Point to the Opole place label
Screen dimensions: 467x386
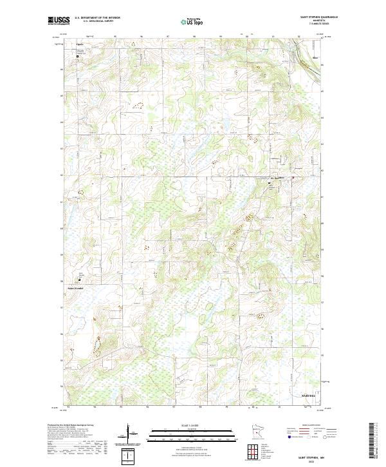click(x=80, y=44)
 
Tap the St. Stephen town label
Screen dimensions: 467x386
click(x=277, y=178)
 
